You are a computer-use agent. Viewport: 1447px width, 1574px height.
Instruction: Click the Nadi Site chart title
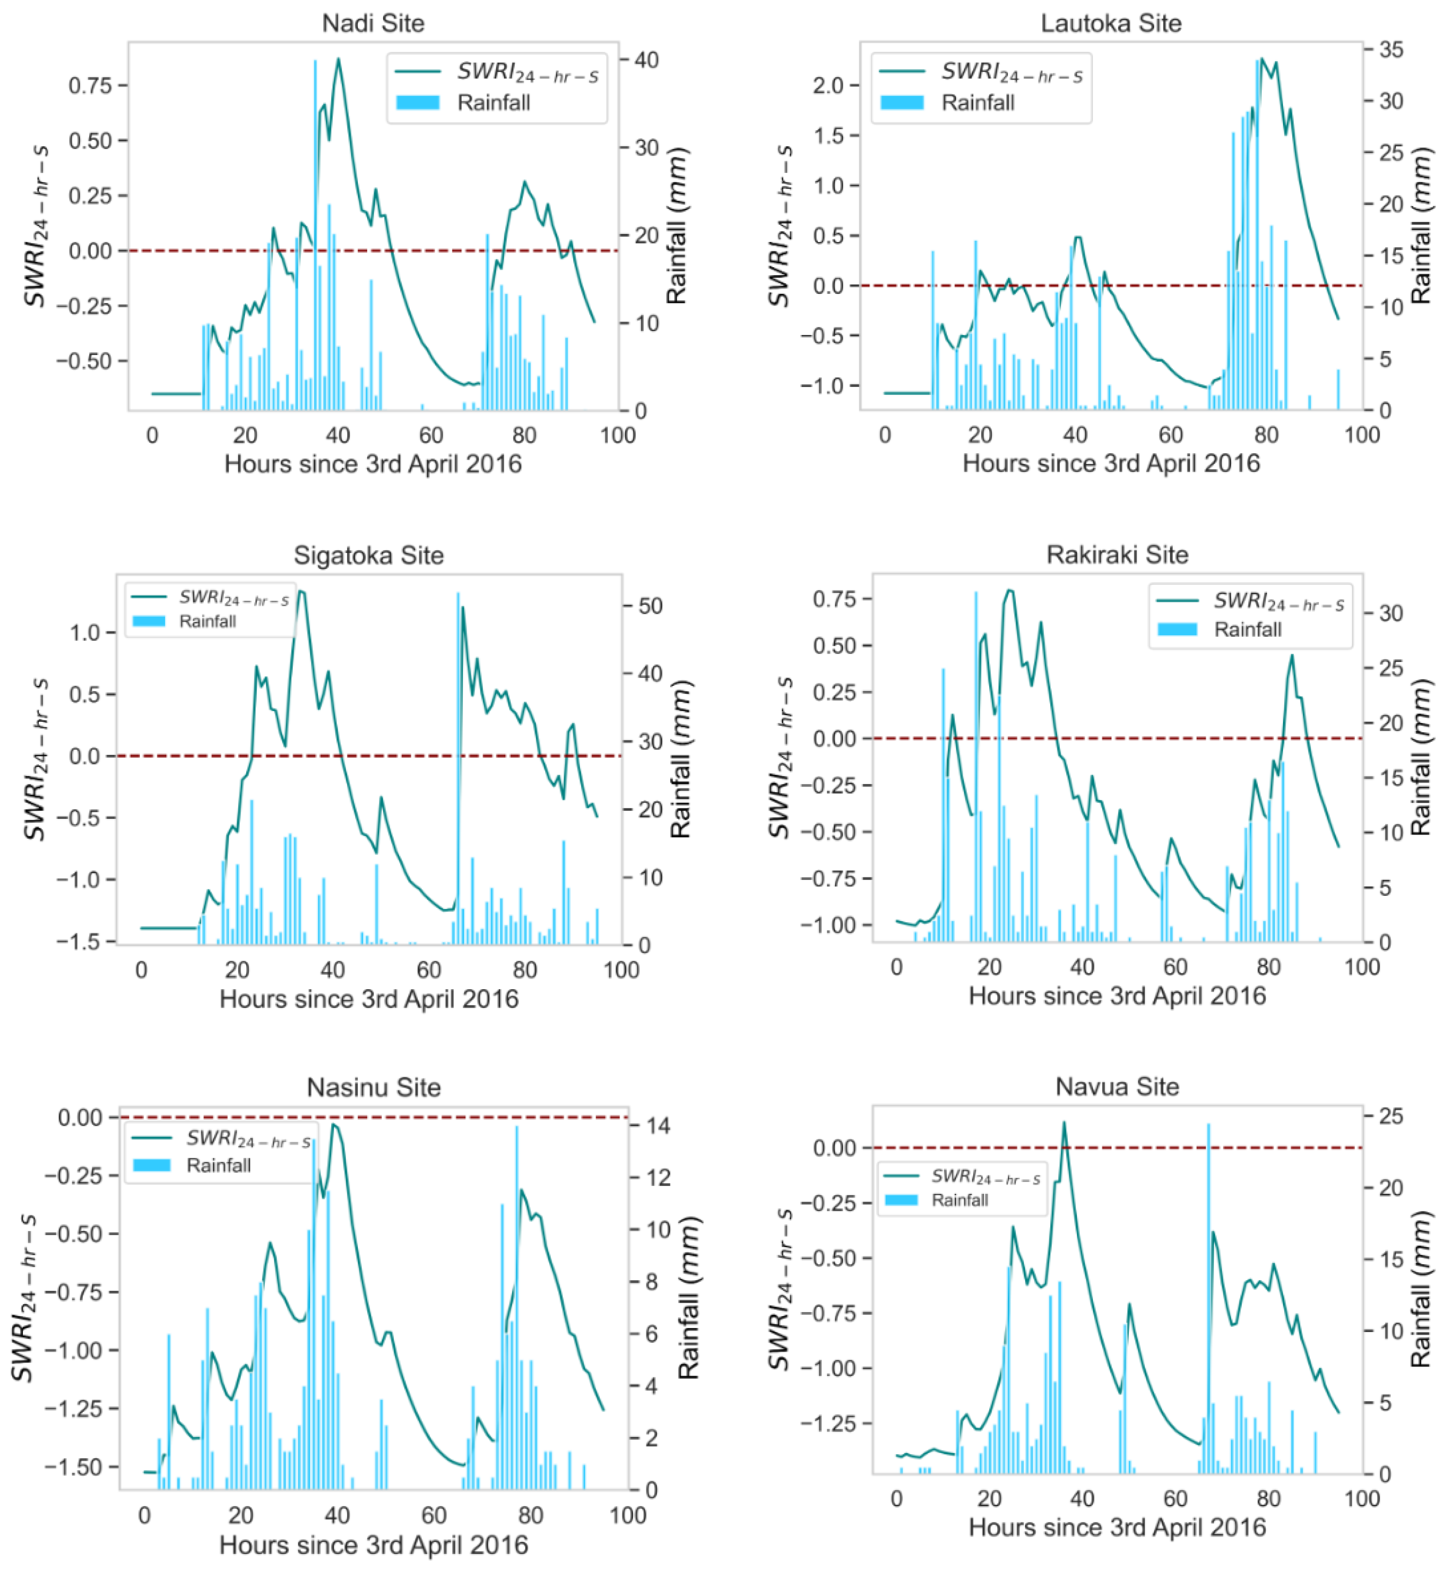[373, 23]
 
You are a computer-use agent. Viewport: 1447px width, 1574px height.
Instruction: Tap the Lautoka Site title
[1110, 23]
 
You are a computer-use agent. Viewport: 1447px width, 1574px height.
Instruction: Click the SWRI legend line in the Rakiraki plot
[1178, 601]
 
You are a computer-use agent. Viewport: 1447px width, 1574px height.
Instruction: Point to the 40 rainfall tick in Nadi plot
[646, 60]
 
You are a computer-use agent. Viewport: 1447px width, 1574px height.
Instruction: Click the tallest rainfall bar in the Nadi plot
[316, 235]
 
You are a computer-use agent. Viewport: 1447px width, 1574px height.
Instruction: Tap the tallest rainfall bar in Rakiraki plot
[976, 767]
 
